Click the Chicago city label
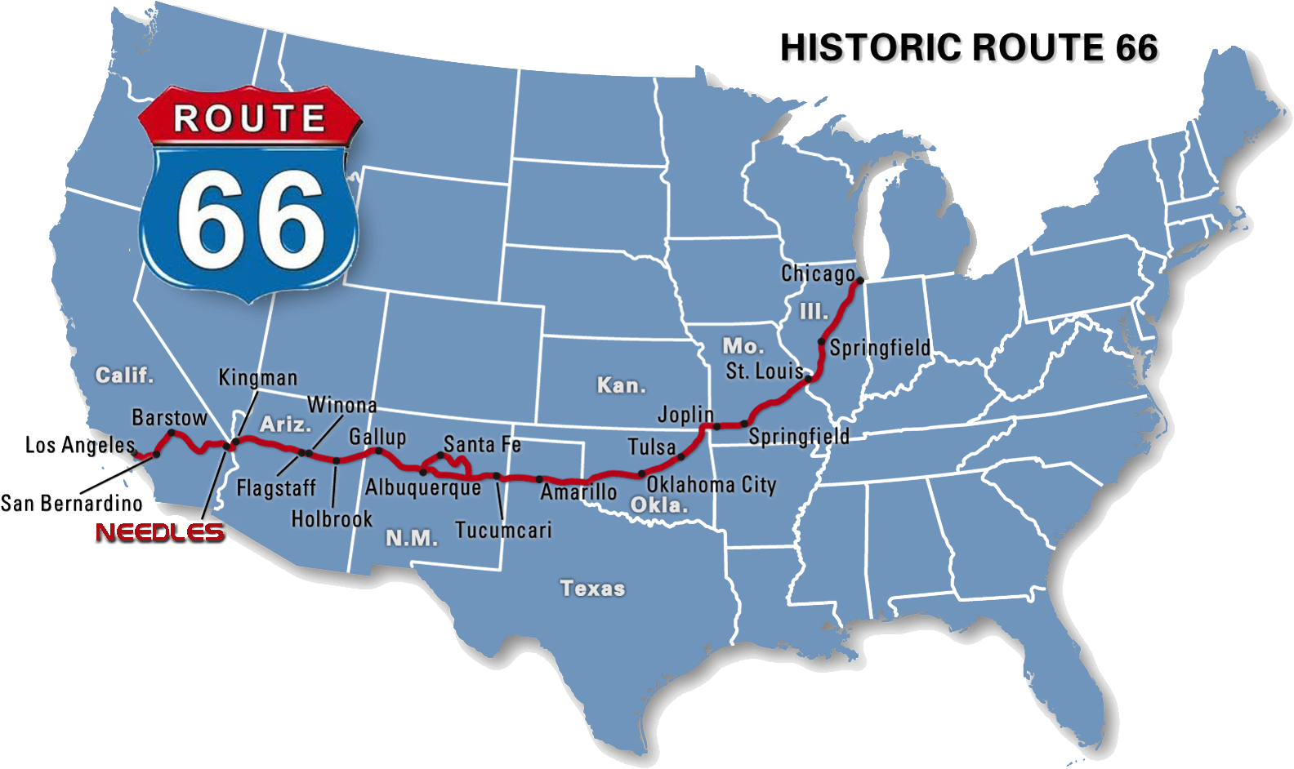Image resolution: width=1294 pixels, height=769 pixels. point(818,274)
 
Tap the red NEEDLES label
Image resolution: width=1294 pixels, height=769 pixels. point(158,531)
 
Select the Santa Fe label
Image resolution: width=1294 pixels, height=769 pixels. point(482,445)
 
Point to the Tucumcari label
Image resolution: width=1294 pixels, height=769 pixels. point(503,531)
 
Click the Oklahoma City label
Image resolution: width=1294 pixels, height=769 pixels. point(712,485)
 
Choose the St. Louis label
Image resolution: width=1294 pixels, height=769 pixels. point(765,371)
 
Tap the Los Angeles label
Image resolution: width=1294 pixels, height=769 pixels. point(80,445)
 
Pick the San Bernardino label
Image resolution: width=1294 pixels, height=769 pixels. point(72,504)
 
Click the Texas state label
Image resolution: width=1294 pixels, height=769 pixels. point(592,589)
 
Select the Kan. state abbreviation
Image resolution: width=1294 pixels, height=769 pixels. point(621,385)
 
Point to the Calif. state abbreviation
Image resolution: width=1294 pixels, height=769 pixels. point(124,376)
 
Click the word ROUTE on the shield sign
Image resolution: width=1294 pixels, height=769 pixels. point(249,119)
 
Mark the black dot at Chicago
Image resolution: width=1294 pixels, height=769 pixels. point(859,281)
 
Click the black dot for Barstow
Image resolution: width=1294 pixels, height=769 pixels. point(172,433)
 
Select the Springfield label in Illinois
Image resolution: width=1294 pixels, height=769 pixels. point(880,349)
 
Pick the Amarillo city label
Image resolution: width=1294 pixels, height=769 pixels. point(578,491)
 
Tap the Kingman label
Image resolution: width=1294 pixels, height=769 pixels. point(258,378)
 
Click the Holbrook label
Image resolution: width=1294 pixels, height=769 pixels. point(332,519)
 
